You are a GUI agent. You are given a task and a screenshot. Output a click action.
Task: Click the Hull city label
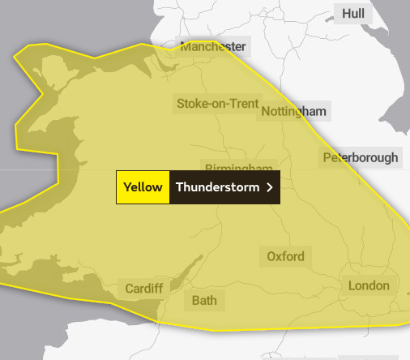click(353, 14)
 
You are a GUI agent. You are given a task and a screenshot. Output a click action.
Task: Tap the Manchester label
click(212, 47)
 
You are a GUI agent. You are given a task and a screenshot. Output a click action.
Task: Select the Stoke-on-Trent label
click(217, 104)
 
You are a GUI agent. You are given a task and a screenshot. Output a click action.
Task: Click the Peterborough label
click(361, 157)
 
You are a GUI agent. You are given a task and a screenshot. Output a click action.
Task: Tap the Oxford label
click(286, 257)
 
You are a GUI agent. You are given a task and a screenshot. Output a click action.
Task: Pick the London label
click(369, 285)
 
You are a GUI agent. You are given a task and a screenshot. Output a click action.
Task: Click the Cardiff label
click(143, 289)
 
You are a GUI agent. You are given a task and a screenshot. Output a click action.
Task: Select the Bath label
click(204, 301)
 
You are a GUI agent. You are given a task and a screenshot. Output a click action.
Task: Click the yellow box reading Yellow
click(143, 187)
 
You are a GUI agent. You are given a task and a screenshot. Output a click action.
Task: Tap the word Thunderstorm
click(217, 187)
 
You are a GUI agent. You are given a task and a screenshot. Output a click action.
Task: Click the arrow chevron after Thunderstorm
click(269, 187)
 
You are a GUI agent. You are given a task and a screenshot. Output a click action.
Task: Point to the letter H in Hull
click(346, 14)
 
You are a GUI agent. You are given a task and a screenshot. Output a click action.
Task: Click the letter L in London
click(352, 285)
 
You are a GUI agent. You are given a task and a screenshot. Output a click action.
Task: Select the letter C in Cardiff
click(130, 289)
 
